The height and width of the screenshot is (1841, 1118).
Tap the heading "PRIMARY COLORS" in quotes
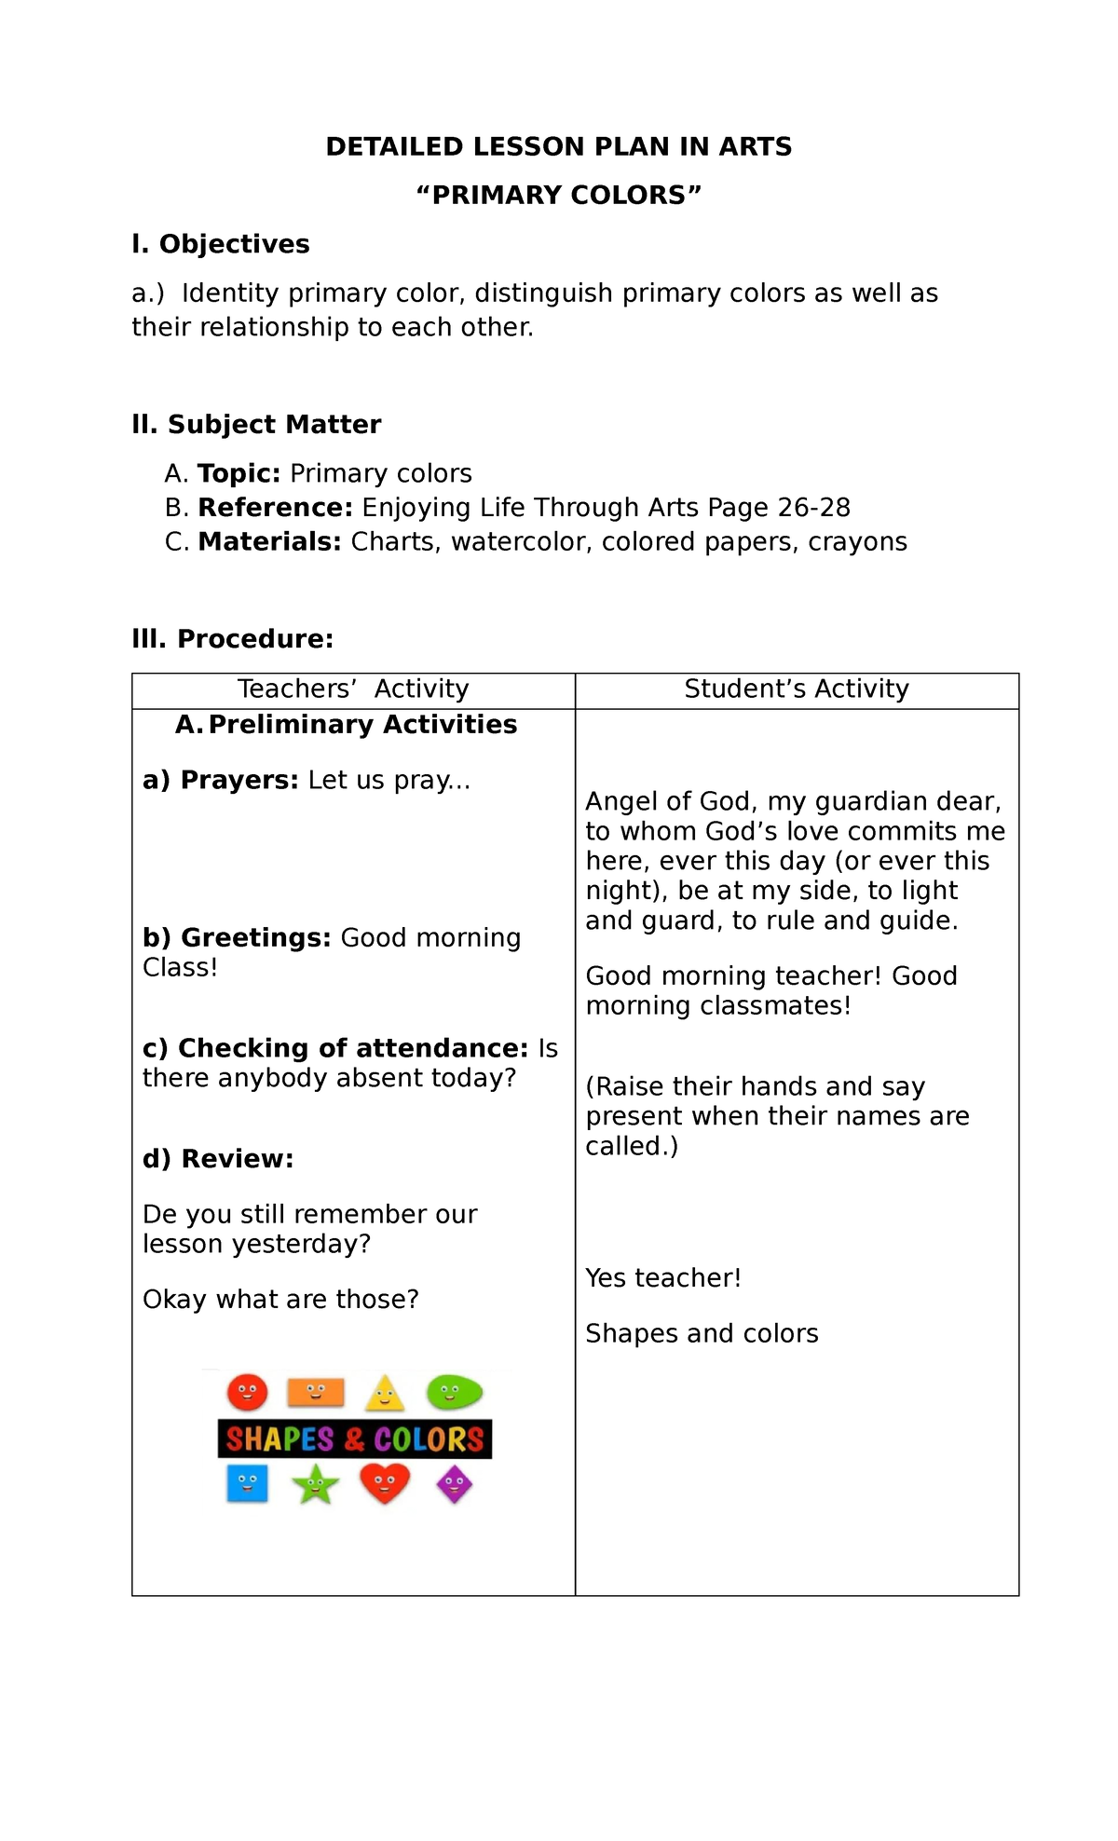pyautogui.click(x=558, y=196)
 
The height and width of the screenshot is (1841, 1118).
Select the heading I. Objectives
pyautogui.click(x=221, y=244)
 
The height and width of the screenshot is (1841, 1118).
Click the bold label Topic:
pyautogui.click(x=239, y=473)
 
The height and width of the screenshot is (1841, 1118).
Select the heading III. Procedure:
pyautogui.click(x=233, y=639)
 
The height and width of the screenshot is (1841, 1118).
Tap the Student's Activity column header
pyautogui.click(x=797, y=689)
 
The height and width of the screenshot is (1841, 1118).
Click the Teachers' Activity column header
pyautogui.click(x=353, y=689)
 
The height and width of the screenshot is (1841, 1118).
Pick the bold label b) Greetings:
pyautogui.click(x=237, y=937)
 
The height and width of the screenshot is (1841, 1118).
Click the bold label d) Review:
pyautogui.click(x=218, y=1159)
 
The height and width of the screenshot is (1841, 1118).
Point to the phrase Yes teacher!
pyautogui.click(x=663, y=1278)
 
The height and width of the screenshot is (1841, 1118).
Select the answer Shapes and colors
pyautogui.click(x=702, y=1334)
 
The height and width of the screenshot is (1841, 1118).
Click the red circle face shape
pyautogui.click(x=247, y=1393)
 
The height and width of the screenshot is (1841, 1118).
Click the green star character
pyautogui.click(x=316, y=1484)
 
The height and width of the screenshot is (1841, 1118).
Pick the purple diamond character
pyautogui.click(x=454, y=1484)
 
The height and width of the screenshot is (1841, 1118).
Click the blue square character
pyautogui.click(x=247, y=1483)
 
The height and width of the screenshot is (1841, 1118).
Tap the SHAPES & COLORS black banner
pyautogui.click(x=354, y=1439)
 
